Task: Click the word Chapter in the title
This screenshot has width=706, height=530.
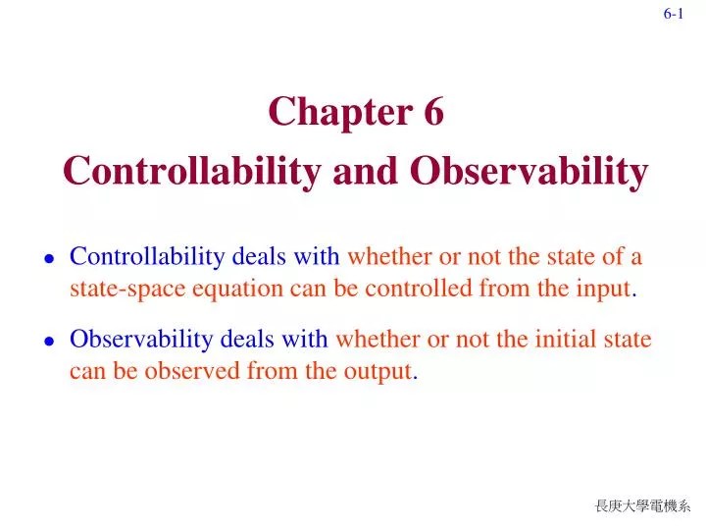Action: point(331,113)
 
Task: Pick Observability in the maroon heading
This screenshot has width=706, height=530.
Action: point(529,171)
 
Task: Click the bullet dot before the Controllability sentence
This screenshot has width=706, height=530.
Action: point(48,259)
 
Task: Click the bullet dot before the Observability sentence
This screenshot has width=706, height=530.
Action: point(48,342)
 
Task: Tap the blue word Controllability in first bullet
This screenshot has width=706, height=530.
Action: point(148,257)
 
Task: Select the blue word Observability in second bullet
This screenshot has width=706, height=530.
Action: point(141,340)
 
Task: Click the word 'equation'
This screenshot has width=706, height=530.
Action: point(247,289)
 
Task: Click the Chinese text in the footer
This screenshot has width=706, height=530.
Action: point(642,505)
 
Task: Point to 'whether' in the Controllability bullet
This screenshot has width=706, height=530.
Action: point(384,257)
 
